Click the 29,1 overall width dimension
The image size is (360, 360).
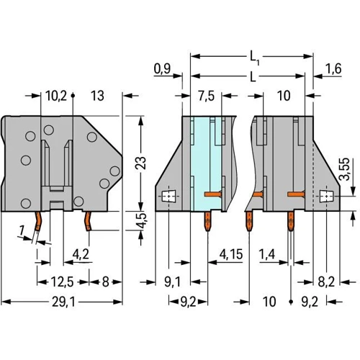coord(63,302)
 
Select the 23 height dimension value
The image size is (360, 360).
coord(141,163)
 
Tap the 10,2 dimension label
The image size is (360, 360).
coord(56,96)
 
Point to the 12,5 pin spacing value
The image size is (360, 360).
coord(62,282)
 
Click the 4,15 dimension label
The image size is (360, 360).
coord(231,254)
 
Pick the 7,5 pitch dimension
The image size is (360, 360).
coord(207,96)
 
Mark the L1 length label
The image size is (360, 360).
coord(254,58)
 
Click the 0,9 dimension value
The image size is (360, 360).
coord(162,68)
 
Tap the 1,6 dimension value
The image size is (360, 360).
coord(333,69)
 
